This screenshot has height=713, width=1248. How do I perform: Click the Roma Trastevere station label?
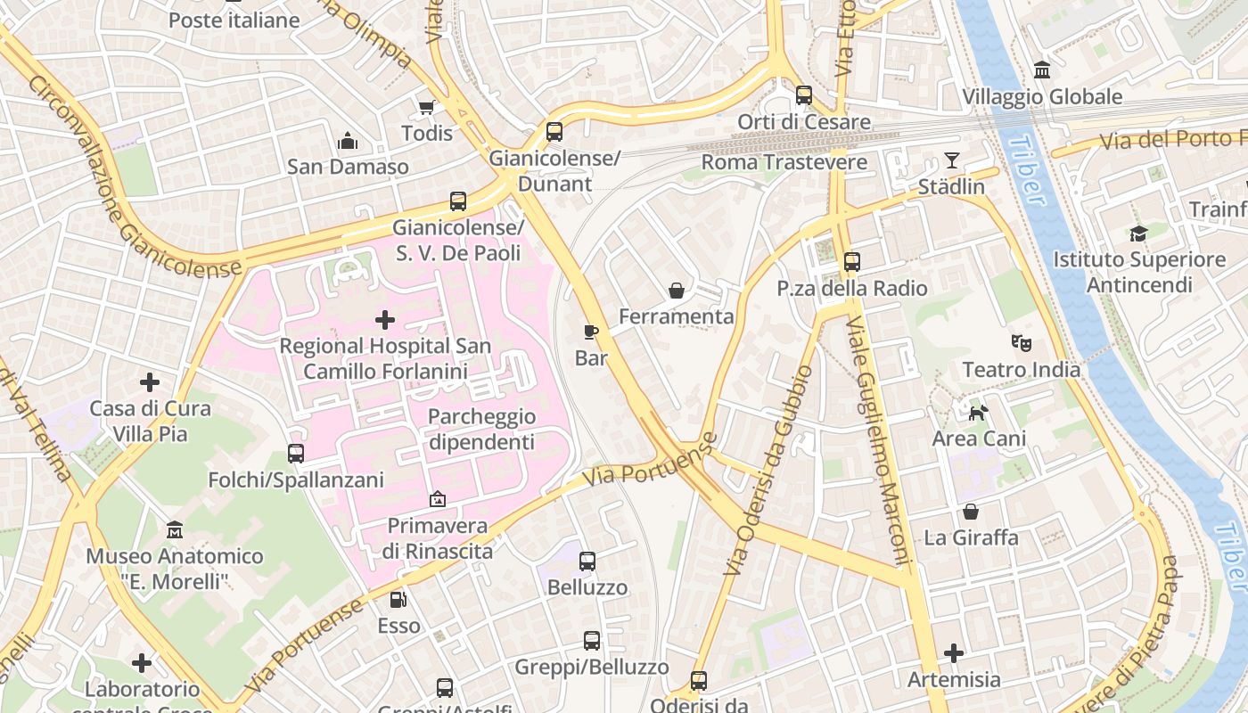tap(784, 162)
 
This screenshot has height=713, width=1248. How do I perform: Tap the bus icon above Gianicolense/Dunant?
tap(554, 132)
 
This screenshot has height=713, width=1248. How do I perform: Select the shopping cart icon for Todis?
tap(426, 107)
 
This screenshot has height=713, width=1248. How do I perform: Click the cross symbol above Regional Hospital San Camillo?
tap(385, 319)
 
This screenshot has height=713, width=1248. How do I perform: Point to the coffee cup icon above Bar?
tap(590, 332)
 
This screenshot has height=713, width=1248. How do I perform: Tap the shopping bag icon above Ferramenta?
tap(677, 291)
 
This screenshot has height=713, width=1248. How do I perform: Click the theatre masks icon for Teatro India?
tap(1021, 342)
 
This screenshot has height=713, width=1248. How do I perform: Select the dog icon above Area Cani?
tap(979, 412)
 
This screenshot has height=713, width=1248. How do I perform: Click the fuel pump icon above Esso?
tap(398, 600)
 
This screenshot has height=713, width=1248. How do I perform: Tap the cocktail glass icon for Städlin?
tap(952, 160)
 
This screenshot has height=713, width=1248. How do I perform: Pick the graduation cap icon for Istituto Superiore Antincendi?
tap(1138, 234)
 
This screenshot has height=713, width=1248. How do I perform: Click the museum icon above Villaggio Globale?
tap(1041, 70)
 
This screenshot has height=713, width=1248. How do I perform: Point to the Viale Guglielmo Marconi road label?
tap(881, 440)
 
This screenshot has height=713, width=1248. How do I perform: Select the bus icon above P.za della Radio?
tap(851, 262)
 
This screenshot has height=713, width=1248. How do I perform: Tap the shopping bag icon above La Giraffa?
tap(970, 512)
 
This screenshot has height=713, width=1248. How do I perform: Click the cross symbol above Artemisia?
tap(954, 653)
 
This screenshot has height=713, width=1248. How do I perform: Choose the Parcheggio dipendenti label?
tap(481, 429)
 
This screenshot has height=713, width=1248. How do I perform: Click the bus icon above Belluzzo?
tap(587, 561)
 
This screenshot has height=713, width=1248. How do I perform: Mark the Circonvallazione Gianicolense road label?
tap(134, 175)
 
